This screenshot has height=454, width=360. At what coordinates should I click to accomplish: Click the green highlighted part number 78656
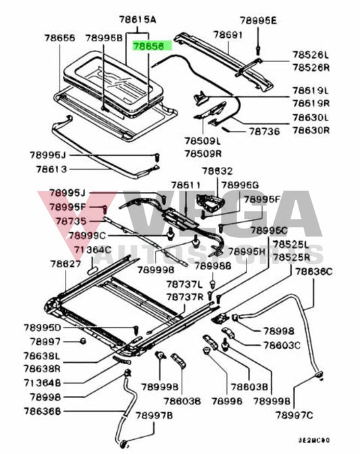pyautogui.click(x=153, y=47)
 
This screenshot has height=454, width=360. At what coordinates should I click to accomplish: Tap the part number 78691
pyautogui.click(x=228, y=33)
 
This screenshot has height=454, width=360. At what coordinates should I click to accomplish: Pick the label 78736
pyautogui.click(x=263, y=132)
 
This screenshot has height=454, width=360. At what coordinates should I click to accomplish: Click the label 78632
pyautogui.click(x=217, y=172)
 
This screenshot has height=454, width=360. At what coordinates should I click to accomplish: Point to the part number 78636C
pyautogui.click(x=313, y=271)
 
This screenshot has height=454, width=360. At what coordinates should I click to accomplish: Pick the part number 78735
pyautogui.click(x=70, y=221)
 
